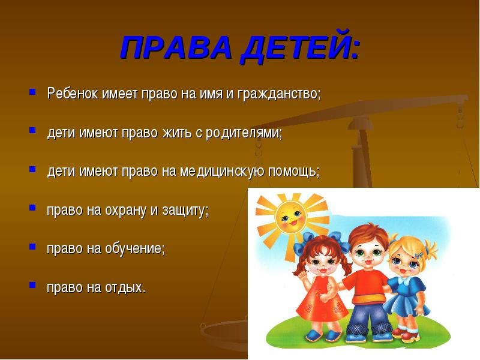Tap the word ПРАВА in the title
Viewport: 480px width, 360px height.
[176, 47]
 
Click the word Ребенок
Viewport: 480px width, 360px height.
[73, 93]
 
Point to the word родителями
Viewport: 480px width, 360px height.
[244, 133]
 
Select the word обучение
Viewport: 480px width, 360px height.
[135, 248]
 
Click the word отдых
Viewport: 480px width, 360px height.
[125, 288]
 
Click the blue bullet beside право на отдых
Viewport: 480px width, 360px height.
[32, 285]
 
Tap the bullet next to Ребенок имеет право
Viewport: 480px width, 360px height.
[32, 91]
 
